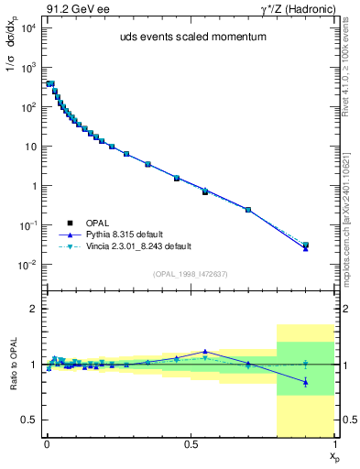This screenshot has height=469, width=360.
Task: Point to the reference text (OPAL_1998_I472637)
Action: (190, 275)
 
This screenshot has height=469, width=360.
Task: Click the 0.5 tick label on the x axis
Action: (191, 446)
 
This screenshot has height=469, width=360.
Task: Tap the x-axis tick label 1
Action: (335, 446)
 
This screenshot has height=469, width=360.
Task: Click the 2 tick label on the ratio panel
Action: (31, 309)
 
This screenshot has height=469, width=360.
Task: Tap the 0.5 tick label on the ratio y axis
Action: (27, 420)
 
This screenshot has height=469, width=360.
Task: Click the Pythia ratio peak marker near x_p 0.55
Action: (205, 351)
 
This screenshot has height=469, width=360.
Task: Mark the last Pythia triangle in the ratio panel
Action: (306, 382)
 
